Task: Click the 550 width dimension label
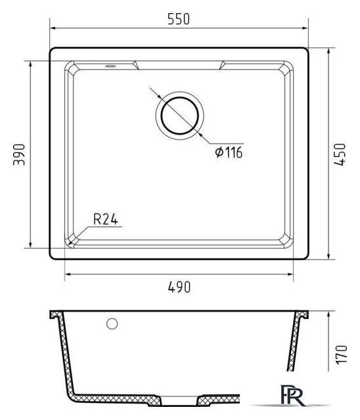179,19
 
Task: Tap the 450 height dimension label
340,155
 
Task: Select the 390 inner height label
19,155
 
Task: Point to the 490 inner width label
179,287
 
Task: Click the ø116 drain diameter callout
229,152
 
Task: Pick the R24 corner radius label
106,219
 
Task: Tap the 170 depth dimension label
342,354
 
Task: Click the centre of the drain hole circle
179,115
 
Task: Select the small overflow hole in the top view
110,66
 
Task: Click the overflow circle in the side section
112,324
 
